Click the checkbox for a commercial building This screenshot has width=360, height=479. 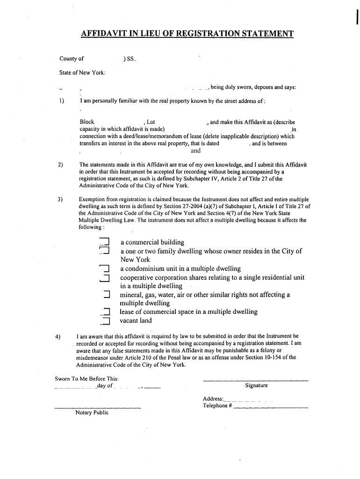pyautogui.click(x=104, y=242)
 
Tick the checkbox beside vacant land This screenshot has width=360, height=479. pyautogui.click(x=105, y=321)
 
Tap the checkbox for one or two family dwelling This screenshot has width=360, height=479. pyautogui.click(x=104, y=251)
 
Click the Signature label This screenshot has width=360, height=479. pyautogui.click(x=256, y=385)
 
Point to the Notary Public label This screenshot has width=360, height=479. pyautogui.click(x=92, y=413)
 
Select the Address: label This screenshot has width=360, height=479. pyautogui.click(x=213, y=399)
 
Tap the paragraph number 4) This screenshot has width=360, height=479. pyautogui.click(x=58, y=336)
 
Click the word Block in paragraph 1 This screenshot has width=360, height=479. pyautogui.click(x=87, y=122)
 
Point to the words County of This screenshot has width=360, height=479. pyautogui.click(x=72, y=59)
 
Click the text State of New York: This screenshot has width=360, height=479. pyautogui.click(x=82, y=73)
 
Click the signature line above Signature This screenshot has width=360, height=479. pyautogui.click(x=256, y=379)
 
